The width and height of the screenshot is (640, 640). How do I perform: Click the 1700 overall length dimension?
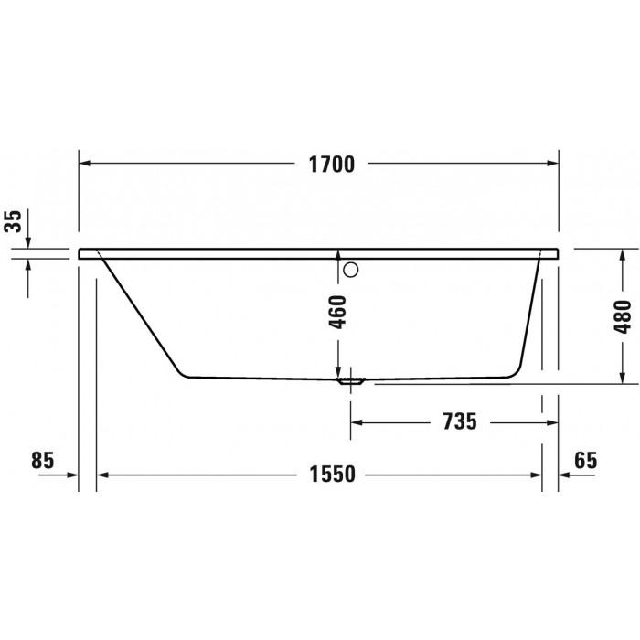click(x=331, y=164)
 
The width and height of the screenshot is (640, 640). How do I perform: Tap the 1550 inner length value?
click(x=332, y=475)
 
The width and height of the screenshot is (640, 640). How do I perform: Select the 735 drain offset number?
click(x=460, y=421)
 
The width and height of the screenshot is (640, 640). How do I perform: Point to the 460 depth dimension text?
click(x=337, y=313)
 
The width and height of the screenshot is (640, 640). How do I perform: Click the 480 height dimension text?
click(x=623, y=316)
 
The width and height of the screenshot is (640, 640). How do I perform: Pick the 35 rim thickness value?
click(x=13, y=221)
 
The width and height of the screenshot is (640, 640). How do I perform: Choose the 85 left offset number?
click(x=42, y=461)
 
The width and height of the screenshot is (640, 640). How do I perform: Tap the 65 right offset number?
click(x=586, y=461)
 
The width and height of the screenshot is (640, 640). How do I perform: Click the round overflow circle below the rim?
click(x=350, y=270)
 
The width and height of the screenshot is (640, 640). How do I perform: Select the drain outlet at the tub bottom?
click(x=350, y=381)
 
